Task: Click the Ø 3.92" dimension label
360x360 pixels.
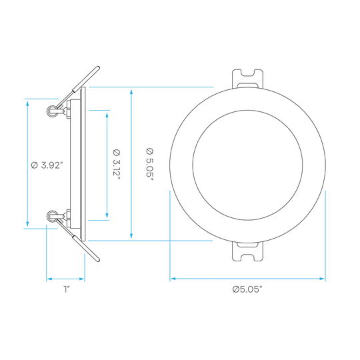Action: [47, 165]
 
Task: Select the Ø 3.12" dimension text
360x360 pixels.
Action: [117, 165]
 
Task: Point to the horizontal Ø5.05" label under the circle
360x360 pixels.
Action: [247, 289]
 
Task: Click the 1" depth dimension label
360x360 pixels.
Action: [67, 289]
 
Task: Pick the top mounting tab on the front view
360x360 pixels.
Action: [247, 79]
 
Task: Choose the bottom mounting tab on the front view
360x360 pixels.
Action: [247, 251]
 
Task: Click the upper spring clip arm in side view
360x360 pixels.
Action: [79, 87]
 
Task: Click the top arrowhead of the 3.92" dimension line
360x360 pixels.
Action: [27, 103]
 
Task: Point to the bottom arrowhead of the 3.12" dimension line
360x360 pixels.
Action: [107, 215]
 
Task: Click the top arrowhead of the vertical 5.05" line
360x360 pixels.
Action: [131, 92]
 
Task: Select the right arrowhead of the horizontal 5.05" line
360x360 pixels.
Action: [322, 279]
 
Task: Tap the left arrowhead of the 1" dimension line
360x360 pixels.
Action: [49, 279]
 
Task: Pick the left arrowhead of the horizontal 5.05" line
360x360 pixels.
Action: [173, 279]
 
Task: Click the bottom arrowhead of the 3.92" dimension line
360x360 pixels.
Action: [27, 223]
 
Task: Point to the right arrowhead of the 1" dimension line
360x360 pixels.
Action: [82, 279]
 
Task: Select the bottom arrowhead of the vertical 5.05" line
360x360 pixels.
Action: [131, 235]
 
